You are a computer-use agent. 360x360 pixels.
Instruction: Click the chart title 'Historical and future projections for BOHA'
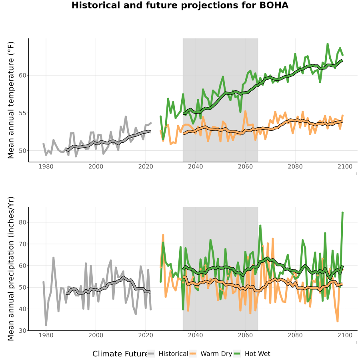(180, 5)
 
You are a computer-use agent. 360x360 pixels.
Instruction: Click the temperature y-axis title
(11, 100)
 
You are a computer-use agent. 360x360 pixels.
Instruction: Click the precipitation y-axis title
(11, 269)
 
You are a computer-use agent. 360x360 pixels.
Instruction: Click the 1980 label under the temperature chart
(46, 166)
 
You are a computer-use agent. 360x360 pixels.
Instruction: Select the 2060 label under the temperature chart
(245, 166)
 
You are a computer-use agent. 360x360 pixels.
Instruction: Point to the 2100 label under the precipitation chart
(345, 335)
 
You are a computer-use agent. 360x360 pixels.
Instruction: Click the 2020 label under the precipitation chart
(146, 335)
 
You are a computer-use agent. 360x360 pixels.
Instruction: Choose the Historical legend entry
(168, 354)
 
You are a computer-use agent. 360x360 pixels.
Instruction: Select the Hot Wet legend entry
(252, 354)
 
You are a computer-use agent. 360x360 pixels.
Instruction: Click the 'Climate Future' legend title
(120, 354)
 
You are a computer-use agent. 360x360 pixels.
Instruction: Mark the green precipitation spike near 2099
(342, 213)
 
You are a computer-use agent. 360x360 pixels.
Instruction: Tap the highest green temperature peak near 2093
(328, 44)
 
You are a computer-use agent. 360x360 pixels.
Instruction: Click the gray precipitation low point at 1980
(46, 325)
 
